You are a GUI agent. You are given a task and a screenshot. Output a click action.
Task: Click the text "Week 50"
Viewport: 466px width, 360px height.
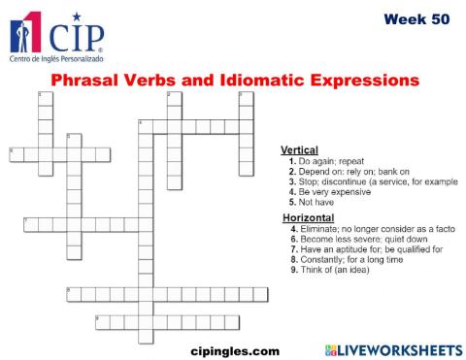pos(416,18)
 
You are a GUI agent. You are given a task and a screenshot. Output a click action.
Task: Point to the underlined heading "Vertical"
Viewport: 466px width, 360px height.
pos(299,149)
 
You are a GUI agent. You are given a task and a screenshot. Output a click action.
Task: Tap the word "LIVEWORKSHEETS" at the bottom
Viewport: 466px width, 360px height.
pos(400,349)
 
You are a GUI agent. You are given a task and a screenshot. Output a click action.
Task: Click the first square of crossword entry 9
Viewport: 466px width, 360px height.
pos(102,321)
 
